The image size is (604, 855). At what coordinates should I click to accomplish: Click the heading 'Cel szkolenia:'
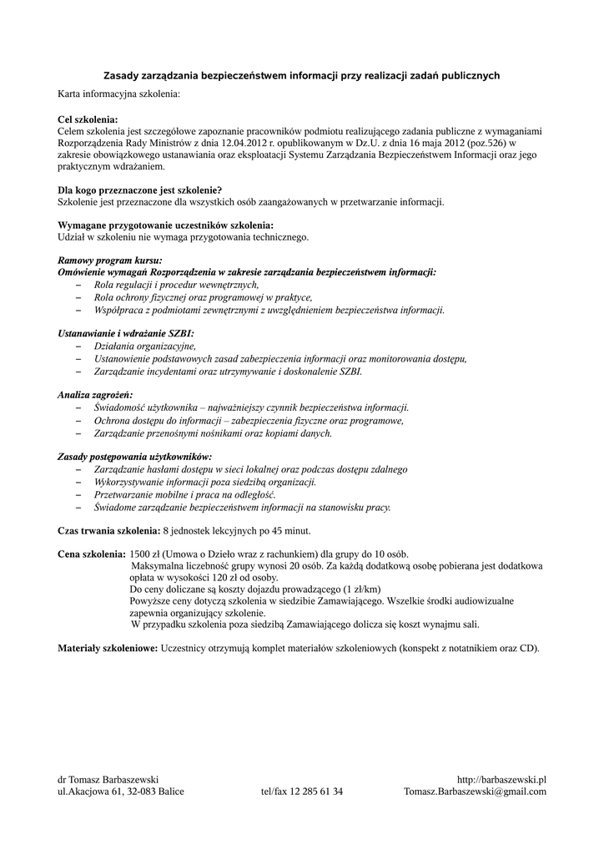click(88, 119)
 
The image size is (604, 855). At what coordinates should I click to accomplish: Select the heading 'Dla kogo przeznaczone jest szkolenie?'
click(139, 190)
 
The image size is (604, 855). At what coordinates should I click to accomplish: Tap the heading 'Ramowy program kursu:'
click(109, 260)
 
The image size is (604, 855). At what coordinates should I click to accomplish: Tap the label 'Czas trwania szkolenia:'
click(108, 530)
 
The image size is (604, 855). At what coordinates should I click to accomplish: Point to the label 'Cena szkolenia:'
click(91, 554)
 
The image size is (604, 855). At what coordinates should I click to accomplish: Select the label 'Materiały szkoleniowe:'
click(107, 647)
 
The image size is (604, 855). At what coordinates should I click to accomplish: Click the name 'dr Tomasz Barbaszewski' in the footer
click(108, 779)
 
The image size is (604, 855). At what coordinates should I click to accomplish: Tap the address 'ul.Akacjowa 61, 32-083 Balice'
click(121, 792)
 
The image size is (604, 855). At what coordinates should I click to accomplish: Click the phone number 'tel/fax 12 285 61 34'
click(301, 792)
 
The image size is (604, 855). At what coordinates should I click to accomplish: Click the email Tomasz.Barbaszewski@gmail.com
click(475, 792)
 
